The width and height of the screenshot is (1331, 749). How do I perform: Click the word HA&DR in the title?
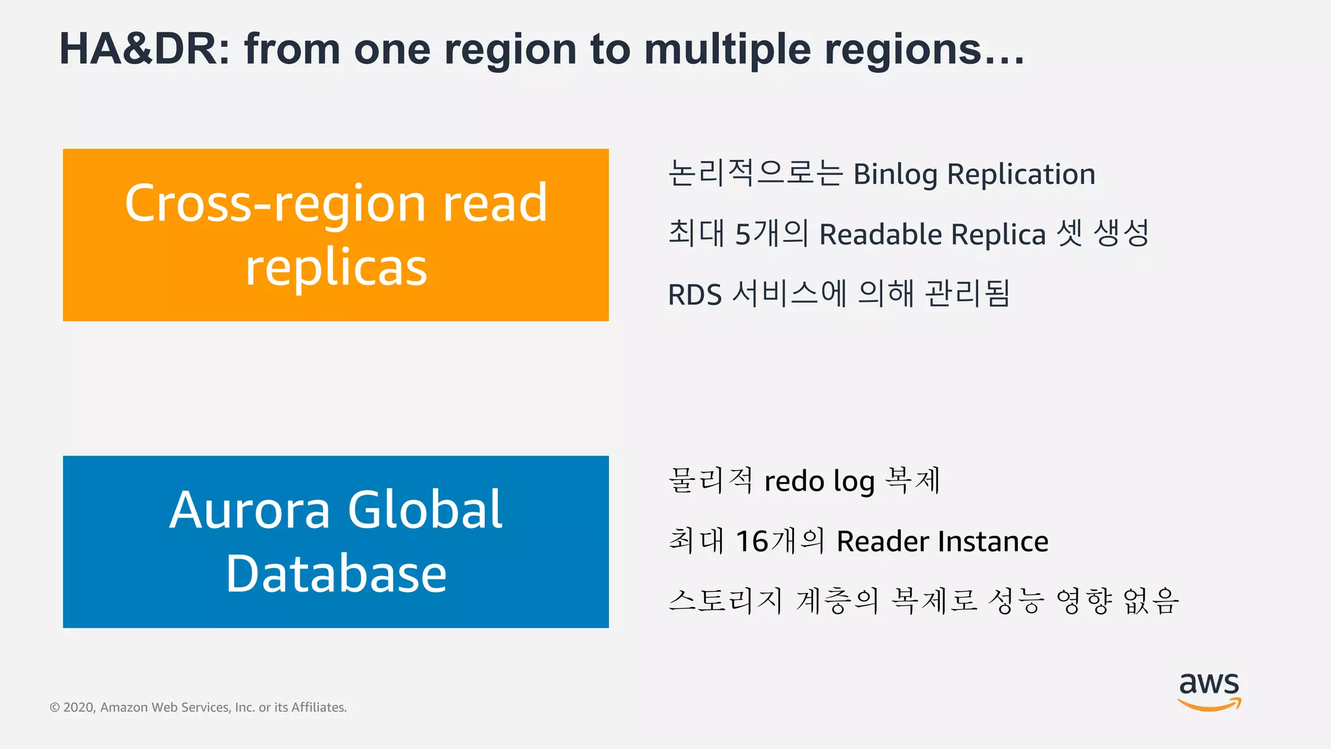pos(144,49)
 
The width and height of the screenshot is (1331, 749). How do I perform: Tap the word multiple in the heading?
pos(727,49)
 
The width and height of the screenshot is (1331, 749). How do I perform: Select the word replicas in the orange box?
pos(336,267)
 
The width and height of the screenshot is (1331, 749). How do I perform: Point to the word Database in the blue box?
pos(336,573)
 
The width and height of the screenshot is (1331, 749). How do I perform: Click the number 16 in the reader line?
pos(752,542)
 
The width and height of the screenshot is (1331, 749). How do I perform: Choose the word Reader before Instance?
pos(883,542)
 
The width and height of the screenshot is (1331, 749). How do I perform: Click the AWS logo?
pos(1209,692)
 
